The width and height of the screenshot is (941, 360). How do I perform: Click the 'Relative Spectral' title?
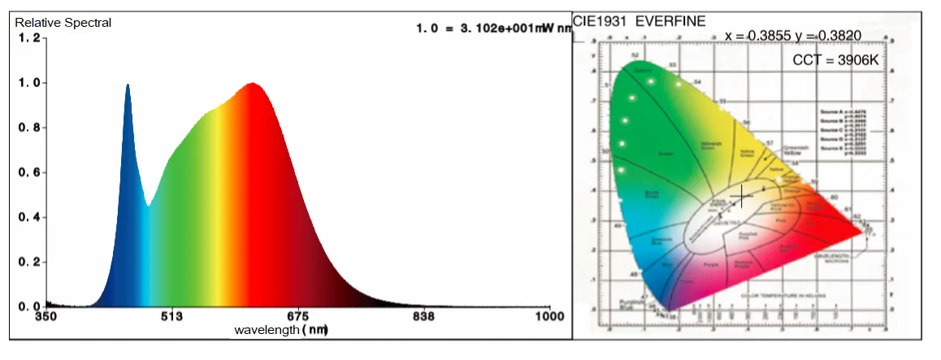[63, 23]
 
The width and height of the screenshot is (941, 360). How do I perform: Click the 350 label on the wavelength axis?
[46, 317]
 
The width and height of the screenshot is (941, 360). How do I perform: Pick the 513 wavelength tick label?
[171, 317]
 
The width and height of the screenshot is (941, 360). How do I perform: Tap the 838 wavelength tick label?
[423, 317]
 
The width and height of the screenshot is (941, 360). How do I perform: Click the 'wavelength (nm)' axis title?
[280, 330]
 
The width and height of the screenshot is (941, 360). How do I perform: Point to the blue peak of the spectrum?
[128, 85]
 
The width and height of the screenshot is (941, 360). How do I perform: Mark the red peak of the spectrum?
[253, 84]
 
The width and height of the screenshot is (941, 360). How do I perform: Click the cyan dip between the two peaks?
[148, 205]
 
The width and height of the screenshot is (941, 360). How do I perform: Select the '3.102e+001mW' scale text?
[500, 28]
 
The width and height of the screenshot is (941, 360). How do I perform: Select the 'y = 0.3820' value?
[830, 36]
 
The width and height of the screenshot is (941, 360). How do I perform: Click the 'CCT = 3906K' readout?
[835, 61]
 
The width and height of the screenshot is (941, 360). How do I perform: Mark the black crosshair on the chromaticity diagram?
[742, 196]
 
